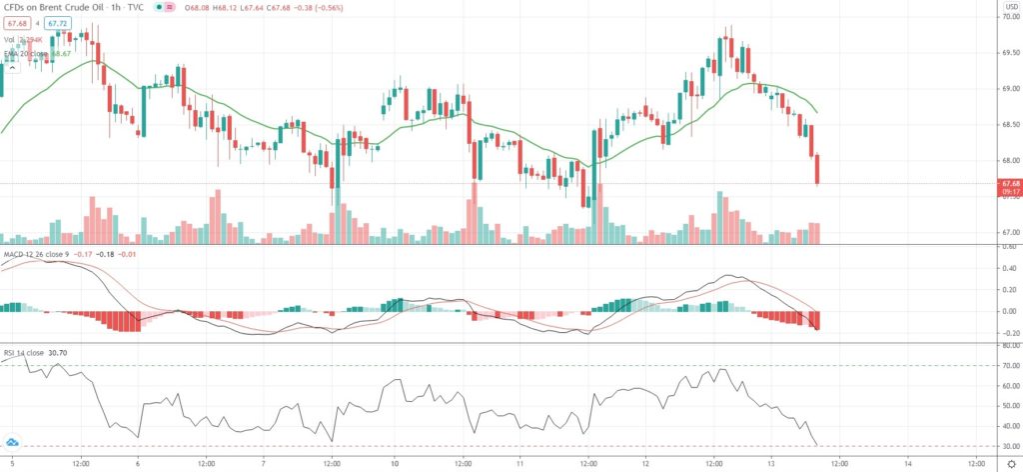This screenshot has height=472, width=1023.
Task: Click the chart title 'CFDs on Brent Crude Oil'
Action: tap(60, 8)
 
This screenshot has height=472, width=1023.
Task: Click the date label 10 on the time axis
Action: tap(396, 463)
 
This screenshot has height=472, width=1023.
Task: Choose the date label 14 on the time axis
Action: tap(907, 463)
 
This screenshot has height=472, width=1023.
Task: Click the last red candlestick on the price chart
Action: tap(818, 169)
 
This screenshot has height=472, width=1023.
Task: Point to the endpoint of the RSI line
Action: tap(817, 444)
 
